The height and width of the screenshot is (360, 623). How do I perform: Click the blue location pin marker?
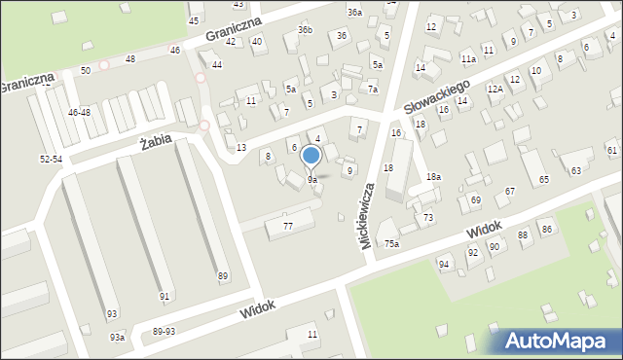tap(311, 157)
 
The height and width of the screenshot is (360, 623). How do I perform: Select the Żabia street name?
tap(156, 141)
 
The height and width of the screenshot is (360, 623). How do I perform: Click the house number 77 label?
tap(288, 226)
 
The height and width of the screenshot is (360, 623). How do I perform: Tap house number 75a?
tap(390, 244)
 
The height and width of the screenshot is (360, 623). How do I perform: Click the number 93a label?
tap(117, 337)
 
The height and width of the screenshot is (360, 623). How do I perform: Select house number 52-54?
tap(52, 159)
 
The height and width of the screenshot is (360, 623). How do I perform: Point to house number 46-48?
tap(80, 113)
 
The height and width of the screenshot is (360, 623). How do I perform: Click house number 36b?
tap(306, 30)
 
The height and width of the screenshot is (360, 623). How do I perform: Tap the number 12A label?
tap(495, 89)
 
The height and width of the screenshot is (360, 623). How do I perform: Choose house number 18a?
tap(433, 176)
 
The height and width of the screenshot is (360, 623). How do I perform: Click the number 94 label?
tap(444, 265)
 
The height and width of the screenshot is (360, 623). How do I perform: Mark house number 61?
tap(611, 150)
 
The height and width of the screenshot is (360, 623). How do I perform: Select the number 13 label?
tap(241, 147)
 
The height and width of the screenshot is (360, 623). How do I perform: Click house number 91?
tap(165, 296)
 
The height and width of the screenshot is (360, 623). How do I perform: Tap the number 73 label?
tap(427, 217)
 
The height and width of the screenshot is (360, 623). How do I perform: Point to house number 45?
tap(194, 20)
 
